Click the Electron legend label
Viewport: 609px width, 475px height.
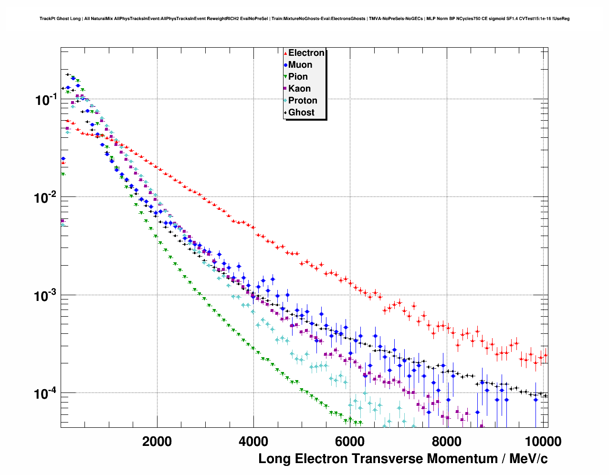pos(306,53)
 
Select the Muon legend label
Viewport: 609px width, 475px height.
pos(300,65)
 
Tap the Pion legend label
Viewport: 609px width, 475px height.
pos(298,77)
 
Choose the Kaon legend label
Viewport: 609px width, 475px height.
pos(299,89)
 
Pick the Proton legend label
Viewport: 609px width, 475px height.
pos(303,101)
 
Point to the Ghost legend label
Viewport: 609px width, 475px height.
pos(301,113)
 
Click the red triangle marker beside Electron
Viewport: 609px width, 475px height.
pos(285,53)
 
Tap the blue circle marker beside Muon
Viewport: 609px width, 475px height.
pos(285,65)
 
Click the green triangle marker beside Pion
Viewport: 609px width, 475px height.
pos(285,77)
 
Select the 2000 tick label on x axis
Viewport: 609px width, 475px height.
pos(157,441)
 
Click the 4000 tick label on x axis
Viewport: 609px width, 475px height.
pos(253,441)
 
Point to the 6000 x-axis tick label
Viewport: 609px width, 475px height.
pos(350,441)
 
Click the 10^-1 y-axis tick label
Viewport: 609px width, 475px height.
pos(46,100)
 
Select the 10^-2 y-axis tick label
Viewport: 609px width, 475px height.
pos(46,197)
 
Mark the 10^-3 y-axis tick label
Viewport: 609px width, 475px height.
pos(46,296)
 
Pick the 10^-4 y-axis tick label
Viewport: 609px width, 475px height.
pos(46,393)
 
